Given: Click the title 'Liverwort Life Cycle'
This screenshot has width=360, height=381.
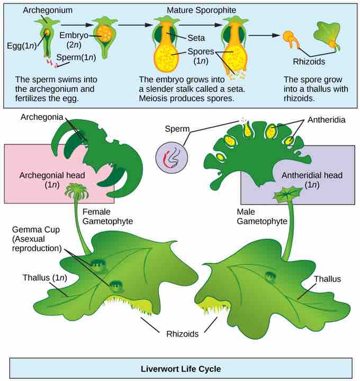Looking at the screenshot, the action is pos(181,369).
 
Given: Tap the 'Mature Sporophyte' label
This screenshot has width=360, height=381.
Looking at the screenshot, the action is pos(201,10).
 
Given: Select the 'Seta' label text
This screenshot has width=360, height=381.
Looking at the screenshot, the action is pos(196,38).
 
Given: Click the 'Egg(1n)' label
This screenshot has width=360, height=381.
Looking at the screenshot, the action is pos(22,46).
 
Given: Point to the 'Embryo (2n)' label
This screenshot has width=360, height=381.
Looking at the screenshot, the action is pos(74,40).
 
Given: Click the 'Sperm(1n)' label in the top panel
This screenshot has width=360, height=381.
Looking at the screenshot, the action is pos(76,57).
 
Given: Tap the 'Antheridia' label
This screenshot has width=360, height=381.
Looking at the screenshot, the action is pos(326,120).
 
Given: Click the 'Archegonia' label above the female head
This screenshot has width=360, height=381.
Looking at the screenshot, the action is pos(42,117).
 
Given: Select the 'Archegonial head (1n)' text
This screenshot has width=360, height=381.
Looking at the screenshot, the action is pos(52,180).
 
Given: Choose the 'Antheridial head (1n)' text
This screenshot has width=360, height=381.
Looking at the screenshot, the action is pos(312,180).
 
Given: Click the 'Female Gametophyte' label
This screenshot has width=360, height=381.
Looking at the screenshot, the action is pos(107,217).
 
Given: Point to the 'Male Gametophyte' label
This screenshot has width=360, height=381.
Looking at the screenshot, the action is pos(262,217).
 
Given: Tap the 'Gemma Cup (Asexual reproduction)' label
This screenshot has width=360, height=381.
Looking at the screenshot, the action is pos(37,239).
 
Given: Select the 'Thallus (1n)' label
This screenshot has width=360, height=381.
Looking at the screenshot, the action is pos(44,278).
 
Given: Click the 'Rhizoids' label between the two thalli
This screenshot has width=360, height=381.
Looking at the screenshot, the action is pos(182,334).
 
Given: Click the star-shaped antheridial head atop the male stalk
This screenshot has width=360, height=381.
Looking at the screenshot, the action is pos(288,194).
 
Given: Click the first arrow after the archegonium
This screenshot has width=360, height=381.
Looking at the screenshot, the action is pos(77,25).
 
